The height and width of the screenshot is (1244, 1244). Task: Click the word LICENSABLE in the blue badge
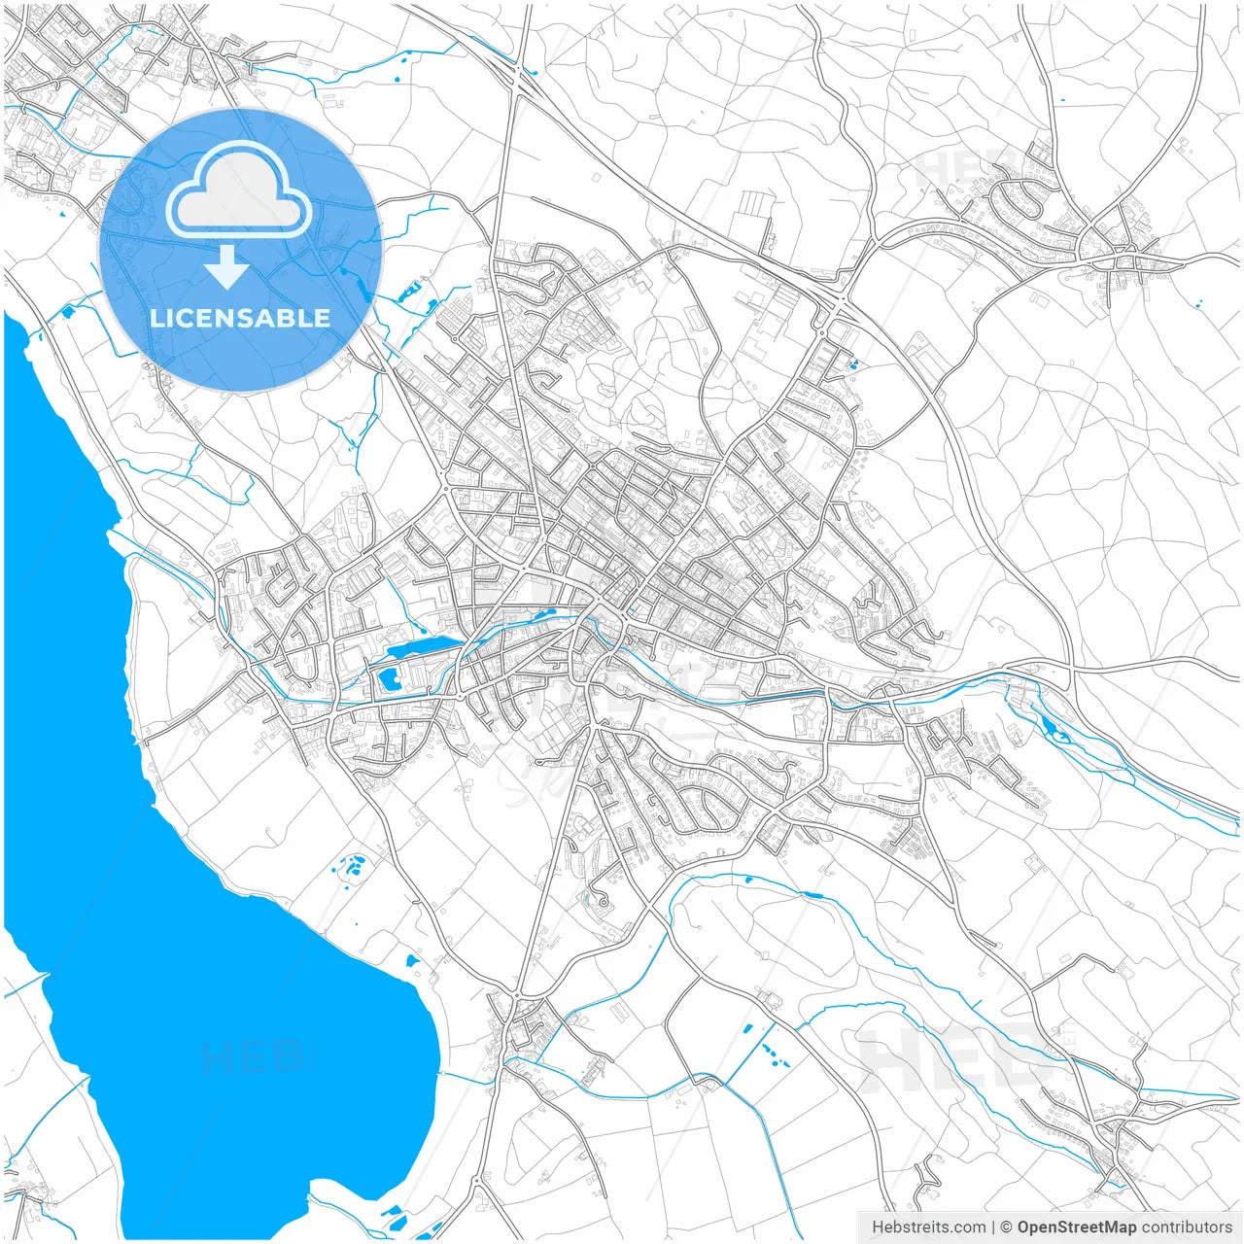[x=240, y=318]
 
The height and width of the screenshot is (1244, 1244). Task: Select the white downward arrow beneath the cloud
[x=226, y=268]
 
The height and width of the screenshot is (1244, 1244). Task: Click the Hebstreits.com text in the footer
[x=928, y=1227]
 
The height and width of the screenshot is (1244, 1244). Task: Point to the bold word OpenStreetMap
[x=1076, y=1227]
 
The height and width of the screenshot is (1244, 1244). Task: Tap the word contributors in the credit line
[x=1186, y=1227]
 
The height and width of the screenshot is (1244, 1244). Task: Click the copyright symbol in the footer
[x=1007, y=1227]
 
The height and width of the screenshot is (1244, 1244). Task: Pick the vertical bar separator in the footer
[x=992, y=1227]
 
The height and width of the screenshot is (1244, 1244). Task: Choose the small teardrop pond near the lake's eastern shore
[x=412, y=960]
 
